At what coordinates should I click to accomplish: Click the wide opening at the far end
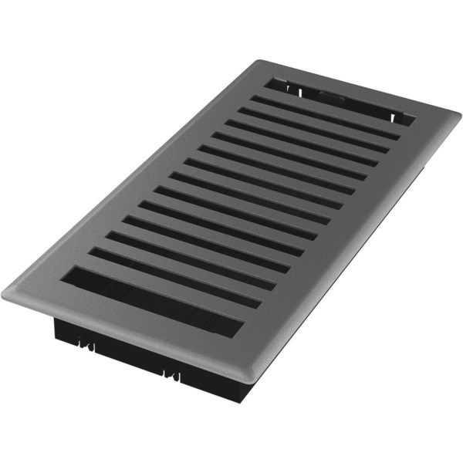click(x=340, y=100)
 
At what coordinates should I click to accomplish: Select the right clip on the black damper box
click(x=171, y=375)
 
